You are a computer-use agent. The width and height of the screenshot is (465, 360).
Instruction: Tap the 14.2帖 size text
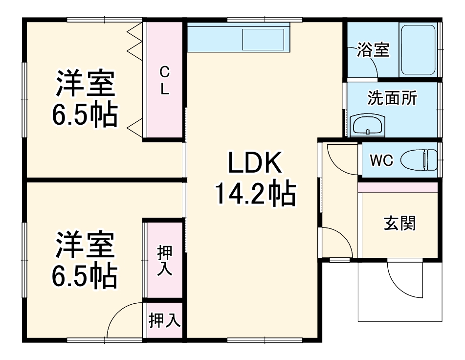[254, 195]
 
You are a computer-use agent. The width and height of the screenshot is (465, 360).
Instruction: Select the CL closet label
[165, 81]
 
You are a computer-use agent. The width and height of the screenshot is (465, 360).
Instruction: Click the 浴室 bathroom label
[373, 50]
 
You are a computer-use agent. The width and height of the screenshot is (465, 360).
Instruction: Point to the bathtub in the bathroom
[419, 49]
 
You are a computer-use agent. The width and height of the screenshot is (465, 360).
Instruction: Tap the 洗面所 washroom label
[392, 98]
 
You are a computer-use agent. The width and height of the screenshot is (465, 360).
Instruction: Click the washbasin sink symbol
[367, 126]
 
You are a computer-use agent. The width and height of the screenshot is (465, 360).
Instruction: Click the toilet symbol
[420, 160]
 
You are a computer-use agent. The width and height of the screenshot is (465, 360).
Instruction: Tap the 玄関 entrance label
[399, 223]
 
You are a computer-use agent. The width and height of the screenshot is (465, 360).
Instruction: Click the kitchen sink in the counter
[264, 39]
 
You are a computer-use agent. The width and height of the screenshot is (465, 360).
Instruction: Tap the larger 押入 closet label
[164, 261]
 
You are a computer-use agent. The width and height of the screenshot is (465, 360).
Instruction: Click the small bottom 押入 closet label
[165, 321]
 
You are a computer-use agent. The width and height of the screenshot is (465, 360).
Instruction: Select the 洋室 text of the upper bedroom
[85, 85]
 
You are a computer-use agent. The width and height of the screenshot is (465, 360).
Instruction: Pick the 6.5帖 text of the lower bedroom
[85, 276]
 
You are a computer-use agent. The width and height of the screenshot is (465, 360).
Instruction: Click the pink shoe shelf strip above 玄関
[398, 187]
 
